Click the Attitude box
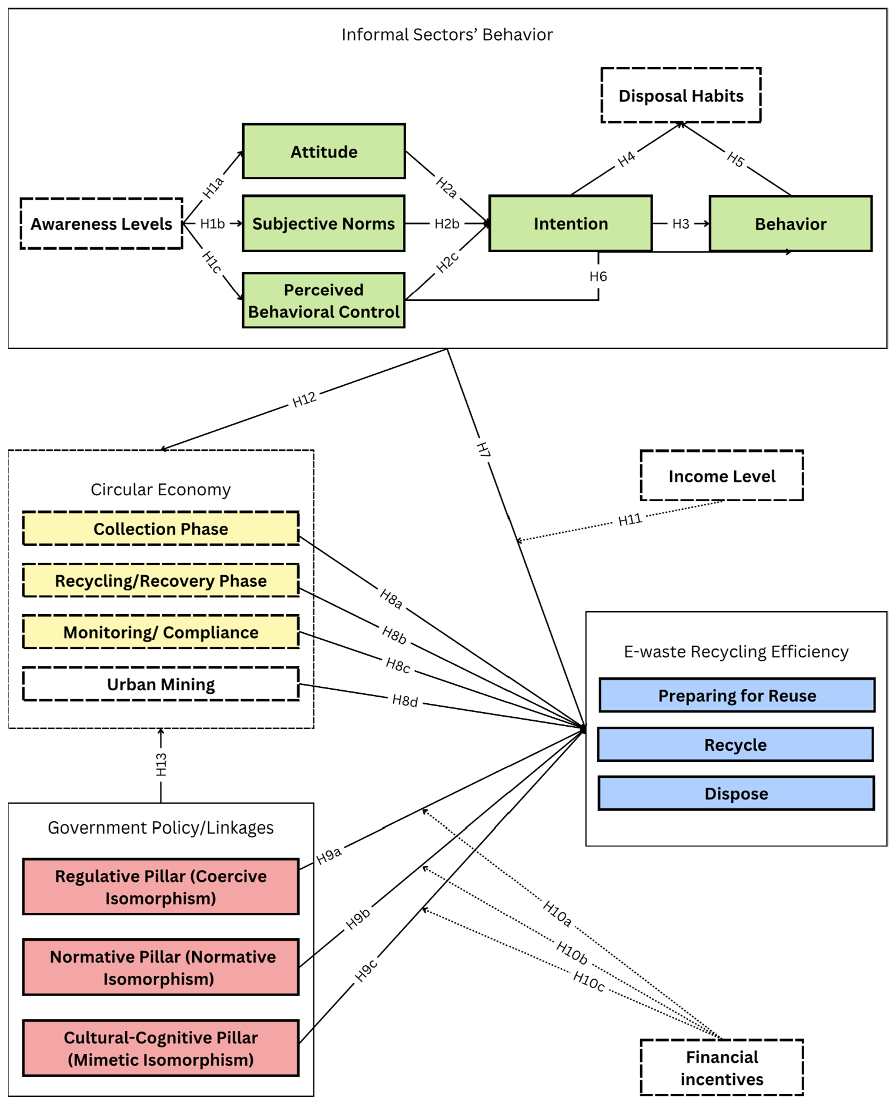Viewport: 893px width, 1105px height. coord(324,152)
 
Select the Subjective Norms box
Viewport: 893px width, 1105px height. coord(324,224)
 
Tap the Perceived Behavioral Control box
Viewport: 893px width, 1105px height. coord(324,300)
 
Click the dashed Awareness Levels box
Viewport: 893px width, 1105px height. coord(102,224)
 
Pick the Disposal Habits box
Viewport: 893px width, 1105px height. coord(681,95)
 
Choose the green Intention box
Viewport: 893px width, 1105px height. coord(570,224)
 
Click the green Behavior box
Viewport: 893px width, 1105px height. coord(791,224)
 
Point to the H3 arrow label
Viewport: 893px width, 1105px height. coord(681,224)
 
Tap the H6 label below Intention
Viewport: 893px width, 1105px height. coord(598,276)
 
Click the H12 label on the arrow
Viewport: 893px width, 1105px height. coord(305,400)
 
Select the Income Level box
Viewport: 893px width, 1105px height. coord(722,476)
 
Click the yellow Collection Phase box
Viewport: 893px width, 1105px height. coord(161,529)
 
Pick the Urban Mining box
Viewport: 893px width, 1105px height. coord(161,684)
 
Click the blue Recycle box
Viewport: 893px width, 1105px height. coord(735,744)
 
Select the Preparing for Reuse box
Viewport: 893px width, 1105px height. coord(737,696)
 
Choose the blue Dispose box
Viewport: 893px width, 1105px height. coord(737,794)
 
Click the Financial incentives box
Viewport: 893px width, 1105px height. coord(722,1068)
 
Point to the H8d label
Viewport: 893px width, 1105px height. coord(405,700)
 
